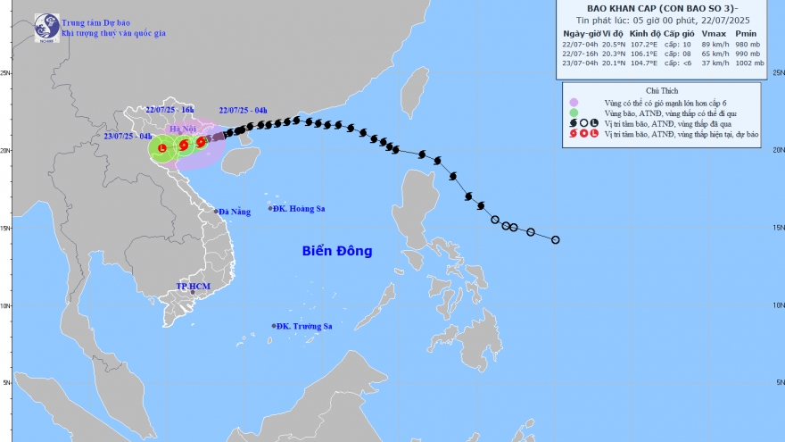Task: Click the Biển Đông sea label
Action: (336, 252)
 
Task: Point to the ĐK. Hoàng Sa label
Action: (298, 208)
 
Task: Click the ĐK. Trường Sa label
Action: (303, 326)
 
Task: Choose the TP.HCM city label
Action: (193, 287)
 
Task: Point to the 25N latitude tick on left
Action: (5, 73)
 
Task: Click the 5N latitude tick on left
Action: (5, 383)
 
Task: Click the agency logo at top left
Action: (46, 27)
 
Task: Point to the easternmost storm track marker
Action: (555, 239)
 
